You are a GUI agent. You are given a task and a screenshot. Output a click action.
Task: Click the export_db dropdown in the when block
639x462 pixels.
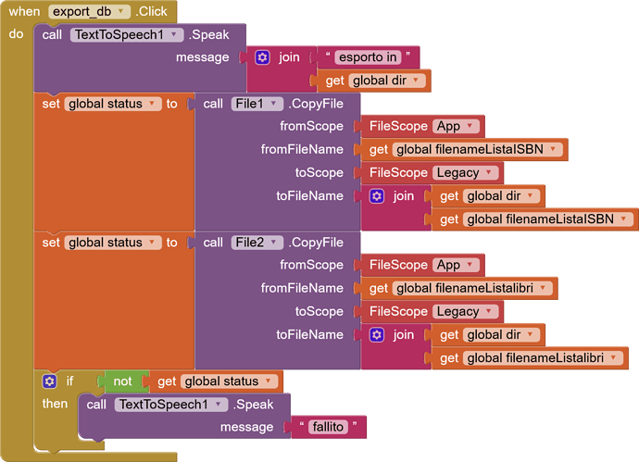click(x=89, y=11)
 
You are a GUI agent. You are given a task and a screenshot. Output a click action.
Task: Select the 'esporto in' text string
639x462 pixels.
click(x=368, y=57)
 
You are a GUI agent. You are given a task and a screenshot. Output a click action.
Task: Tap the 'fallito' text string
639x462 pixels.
click(x=328, y=427)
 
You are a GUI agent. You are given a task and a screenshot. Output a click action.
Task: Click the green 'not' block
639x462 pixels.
click(x=122, y=381)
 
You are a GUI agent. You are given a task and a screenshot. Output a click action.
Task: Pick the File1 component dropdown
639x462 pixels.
click(x=257, y=104)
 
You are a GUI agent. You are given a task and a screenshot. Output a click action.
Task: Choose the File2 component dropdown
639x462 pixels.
click(x=257, y=243)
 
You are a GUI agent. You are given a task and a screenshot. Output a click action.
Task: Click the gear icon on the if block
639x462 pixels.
click(x=49, y=381)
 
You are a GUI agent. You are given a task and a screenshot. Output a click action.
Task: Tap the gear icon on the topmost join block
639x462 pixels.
click(x=262, y=57)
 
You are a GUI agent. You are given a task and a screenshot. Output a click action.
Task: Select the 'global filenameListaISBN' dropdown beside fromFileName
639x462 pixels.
click(x=477, y=149)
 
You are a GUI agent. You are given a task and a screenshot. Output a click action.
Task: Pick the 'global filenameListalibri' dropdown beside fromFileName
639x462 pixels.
click(x=472, y=288)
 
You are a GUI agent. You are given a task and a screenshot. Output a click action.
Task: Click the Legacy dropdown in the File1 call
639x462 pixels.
click(x=465, y=173)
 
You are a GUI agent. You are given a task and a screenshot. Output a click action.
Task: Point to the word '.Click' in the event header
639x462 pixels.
click(x=151, y=11)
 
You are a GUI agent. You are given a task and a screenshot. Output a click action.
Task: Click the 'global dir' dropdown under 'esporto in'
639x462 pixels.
click(x=387, y=81)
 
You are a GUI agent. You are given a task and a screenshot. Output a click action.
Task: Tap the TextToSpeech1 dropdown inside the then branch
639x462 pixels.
click(x=171, y=405)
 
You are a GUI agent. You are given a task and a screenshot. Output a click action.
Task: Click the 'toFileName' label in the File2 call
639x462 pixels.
click(x=309, y=335)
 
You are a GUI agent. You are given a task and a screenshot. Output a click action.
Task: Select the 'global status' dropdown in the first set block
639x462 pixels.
click(x=113, y=104)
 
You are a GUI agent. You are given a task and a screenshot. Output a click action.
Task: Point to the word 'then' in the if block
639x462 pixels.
click(x=55, y=404)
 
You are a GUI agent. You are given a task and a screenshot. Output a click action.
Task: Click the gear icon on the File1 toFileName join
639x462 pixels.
click(x=377, y=196)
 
